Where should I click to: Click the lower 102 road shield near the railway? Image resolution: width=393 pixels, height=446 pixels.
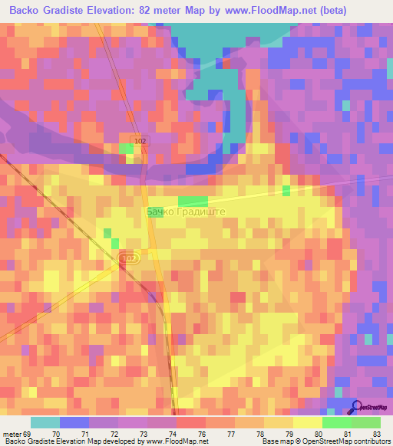click(x=129, y=259)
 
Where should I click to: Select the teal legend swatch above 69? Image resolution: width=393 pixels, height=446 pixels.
click(x=45, y=422)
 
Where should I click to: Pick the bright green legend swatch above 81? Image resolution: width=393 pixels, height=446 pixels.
click(x=336, y=422)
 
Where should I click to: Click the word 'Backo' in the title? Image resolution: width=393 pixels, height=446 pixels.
click(x=25, y=11)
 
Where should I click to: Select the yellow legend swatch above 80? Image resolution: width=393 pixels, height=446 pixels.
click(x=307, y=422)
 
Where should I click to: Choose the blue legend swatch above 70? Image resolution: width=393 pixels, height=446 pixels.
click(x=74, y=422)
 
